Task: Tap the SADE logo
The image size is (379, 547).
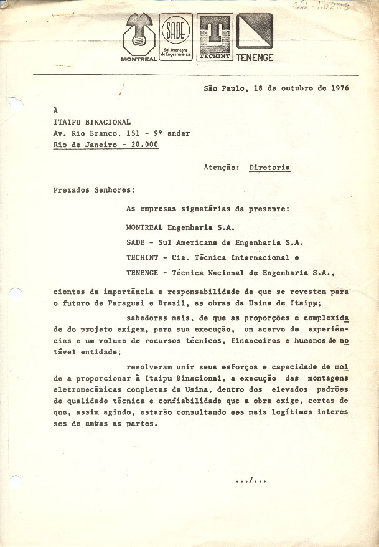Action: tap(176, 36)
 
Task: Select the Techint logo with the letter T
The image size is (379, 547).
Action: tap(215, 37)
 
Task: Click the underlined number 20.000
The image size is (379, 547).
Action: tap(143, 145)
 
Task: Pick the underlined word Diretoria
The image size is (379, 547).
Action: tap(269, 168)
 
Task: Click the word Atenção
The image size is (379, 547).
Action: tap(221, 168)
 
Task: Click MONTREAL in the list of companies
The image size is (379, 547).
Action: tap(146, 228)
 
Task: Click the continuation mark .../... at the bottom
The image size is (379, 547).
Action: tap(251, 480)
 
